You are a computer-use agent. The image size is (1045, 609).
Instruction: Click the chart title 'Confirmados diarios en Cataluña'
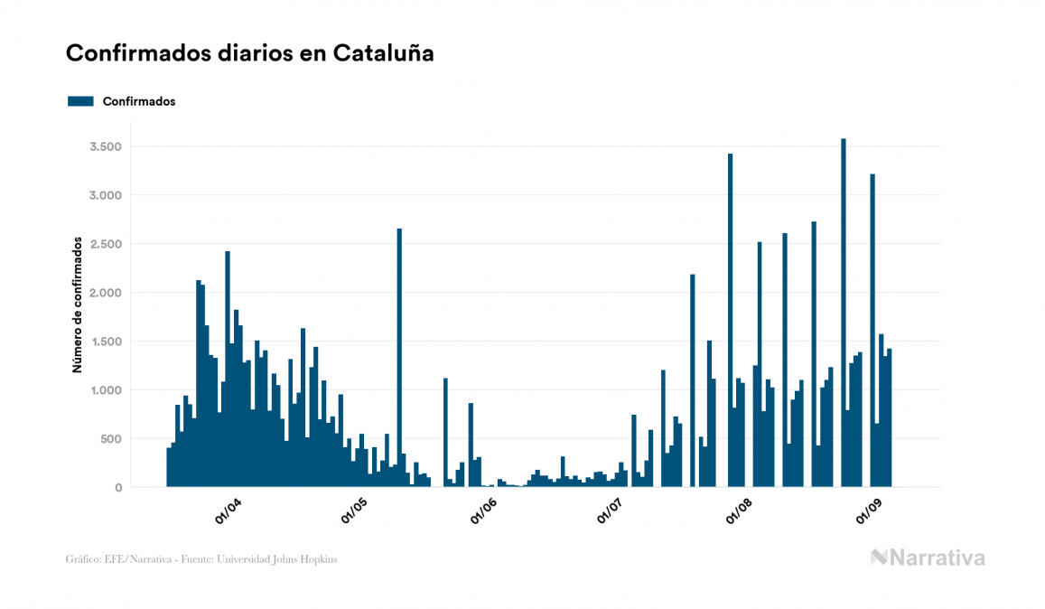point(250,53)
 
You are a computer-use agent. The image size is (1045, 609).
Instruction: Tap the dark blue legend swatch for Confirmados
point(81,101)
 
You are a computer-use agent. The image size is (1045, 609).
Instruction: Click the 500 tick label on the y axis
point(108,439)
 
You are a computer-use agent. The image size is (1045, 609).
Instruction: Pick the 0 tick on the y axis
point(117,488)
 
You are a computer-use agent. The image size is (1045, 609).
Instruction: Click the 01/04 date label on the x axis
point(228,512)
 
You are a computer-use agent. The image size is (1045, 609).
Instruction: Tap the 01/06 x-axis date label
point(483,512)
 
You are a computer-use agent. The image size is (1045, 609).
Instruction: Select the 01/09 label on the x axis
point(869,512)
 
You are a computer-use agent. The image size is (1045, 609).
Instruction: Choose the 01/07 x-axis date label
point(611,512)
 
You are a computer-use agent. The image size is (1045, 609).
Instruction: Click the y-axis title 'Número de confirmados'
point(78,305)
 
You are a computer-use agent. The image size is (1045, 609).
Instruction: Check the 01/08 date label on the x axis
point(741,512)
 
